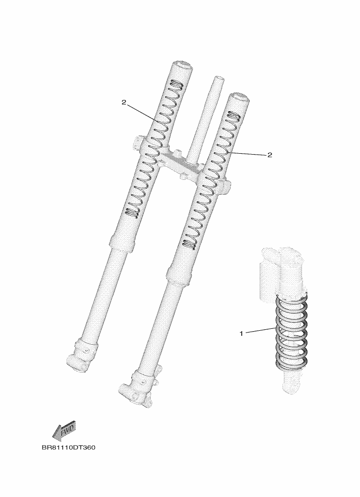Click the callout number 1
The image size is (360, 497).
241,334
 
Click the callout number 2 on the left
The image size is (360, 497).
124,102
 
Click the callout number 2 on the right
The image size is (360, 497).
270,155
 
